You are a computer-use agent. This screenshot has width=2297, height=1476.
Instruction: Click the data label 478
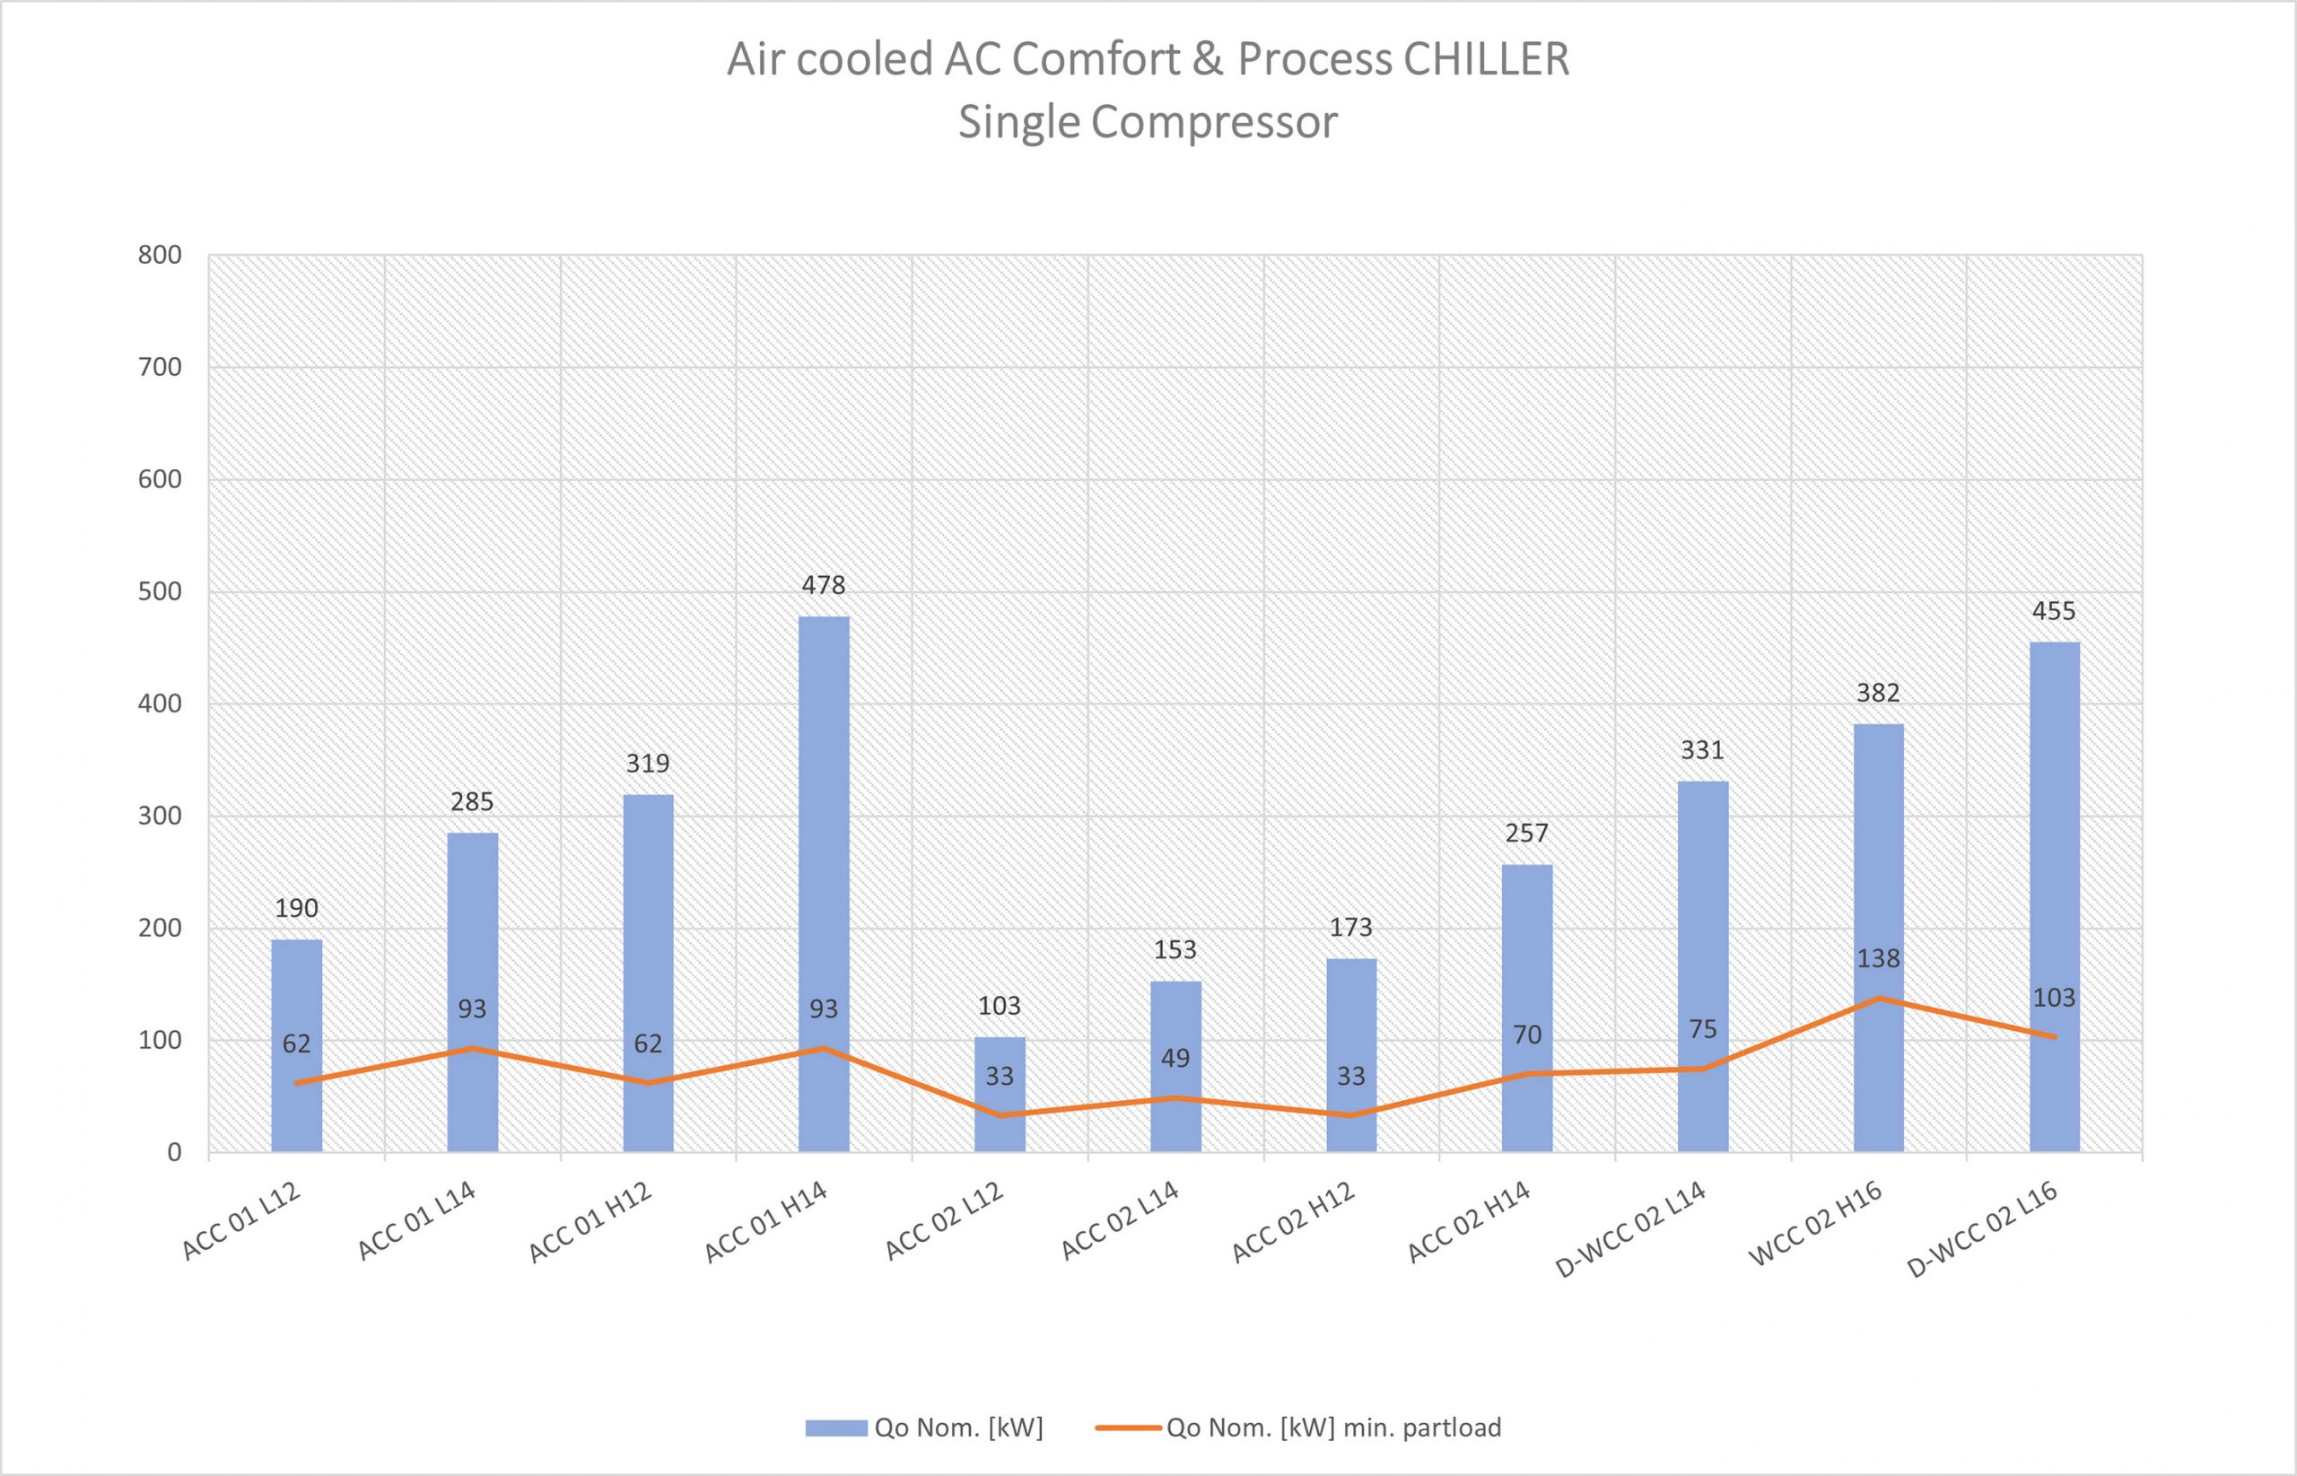click(x=824, y=585)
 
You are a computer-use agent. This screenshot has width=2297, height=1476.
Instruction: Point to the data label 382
click(x=1878, y=692)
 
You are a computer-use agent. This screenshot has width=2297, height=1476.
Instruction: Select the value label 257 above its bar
click(x=1526, y=833)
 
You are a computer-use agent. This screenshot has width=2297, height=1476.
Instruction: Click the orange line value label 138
click(x=1878, y=958)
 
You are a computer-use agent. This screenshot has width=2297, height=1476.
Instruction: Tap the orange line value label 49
click(x=1175, y=1058)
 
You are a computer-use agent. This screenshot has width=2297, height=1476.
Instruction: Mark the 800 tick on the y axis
click(x=160, y=255)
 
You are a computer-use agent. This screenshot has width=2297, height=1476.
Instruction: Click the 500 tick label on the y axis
click(x=160, y=591)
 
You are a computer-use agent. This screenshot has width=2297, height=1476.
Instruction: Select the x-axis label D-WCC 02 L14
click(x=1631, y=1231)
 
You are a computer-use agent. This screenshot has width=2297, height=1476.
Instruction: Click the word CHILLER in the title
click(x=1486, y=59)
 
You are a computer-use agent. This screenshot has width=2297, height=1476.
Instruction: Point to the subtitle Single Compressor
click(x=1147, y=123)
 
